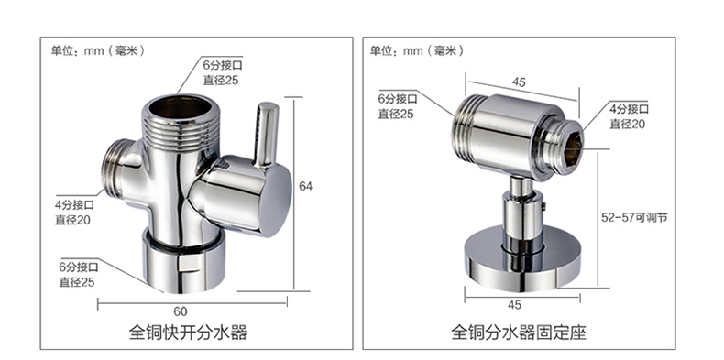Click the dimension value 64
pos(306,186)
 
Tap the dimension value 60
pos(181,312)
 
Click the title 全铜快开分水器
pos(188,333)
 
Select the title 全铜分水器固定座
pos(519,333)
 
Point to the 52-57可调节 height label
pos(634,217)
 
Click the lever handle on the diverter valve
pos(267,134)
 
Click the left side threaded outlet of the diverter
pos(114,170)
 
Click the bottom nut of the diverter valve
pos(183,262)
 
